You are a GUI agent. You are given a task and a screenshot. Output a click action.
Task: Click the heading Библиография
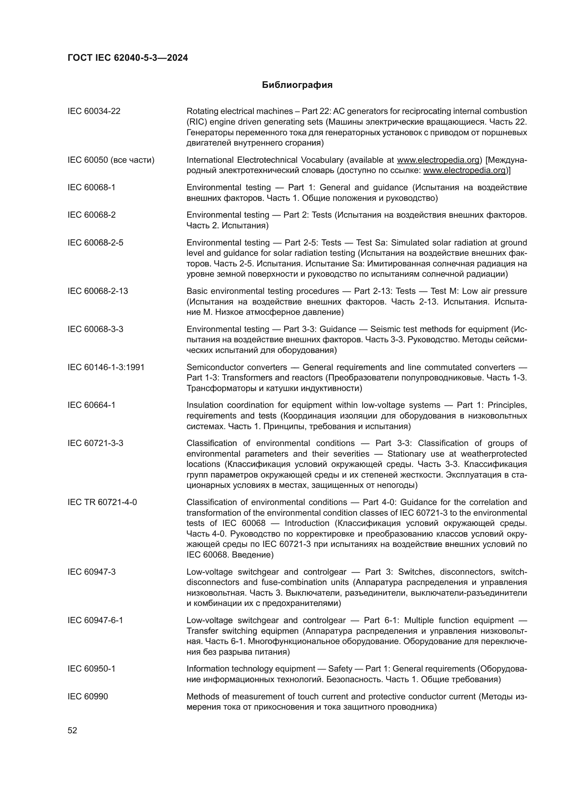pos(297,85)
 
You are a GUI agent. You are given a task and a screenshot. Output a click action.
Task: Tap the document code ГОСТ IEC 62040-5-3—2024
pos(128,58)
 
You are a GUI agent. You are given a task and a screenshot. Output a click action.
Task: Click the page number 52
pos(72,730)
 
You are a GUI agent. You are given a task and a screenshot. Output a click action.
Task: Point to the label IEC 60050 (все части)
pos(111,160)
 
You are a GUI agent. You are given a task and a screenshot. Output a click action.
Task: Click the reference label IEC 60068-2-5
pos(95,243)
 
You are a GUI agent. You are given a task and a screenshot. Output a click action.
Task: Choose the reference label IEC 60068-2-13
pos(98,291)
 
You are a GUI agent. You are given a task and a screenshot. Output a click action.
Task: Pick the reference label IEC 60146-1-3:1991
pos(106,367)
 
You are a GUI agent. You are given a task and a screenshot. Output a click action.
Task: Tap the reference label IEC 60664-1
pos(91,405)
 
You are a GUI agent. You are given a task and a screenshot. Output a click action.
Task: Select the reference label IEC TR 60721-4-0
pos(102,502)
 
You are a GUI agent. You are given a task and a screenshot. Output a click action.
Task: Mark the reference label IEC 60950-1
pos(91,669)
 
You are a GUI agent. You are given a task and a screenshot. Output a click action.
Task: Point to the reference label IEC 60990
pos(88,696)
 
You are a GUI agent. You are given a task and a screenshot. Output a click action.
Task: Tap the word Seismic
pos(384,329)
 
